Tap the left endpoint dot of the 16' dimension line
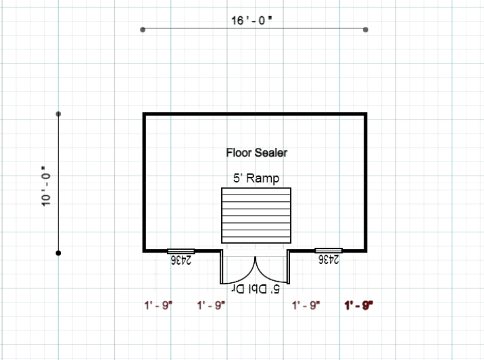tap(143, 30)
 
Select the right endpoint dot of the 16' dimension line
tap(366, 30)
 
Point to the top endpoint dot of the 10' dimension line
tap(59, 114)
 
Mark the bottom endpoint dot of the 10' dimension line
tap(59, 253)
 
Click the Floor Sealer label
tap(256, 153)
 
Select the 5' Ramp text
tap(256, 178)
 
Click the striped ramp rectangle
tap(256, 215)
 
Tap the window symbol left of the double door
tap(181, 251)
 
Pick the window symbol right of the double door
tap(329, 251)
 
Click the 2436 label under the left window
tap(181, 259)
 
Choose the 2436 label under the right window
tap(329, 259)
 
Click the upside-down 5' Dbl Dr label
tap(256, 290)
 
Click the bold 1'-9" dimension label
tap(359, 305)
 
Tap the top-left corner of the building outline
tap(144, 115)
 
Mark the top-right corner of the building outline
tap(366, 115)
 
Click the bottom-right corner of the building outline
tap(366, 250)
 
